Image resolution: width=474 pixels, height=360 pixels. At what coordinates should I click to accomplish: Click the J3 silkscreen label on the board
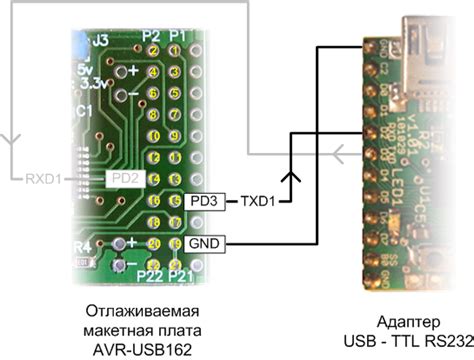click(100, 42)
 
